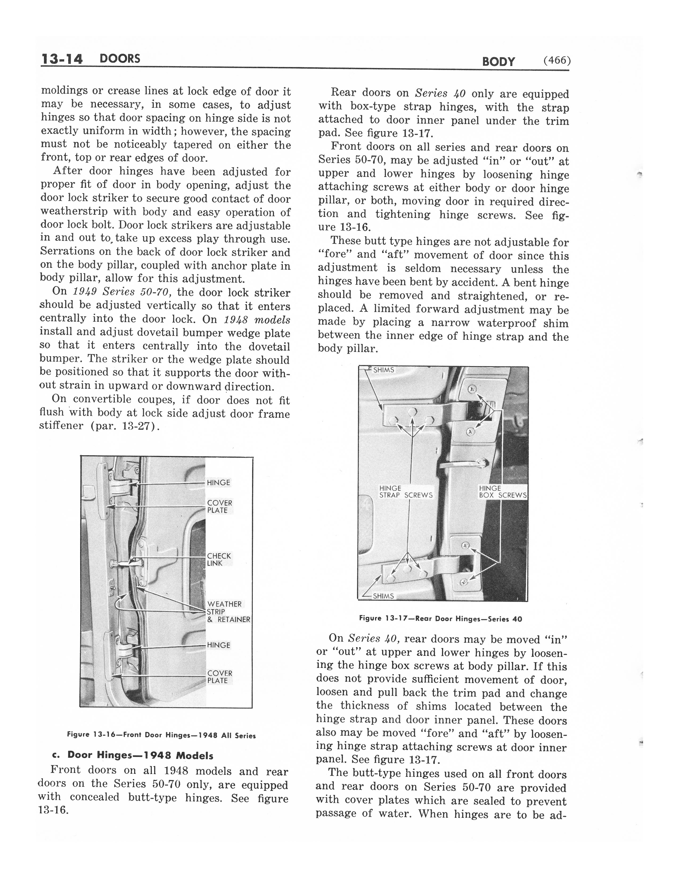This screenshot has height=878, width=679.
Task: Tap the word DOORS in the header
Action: click(120, 59)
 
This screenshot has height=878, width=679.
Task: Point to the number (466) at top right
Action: click(557, 60)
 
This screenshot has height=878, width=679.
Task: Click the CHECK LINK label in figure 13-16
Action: click(219, 559)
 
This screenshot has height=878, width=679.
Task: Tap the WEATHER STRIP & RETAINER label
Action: click(228, 611)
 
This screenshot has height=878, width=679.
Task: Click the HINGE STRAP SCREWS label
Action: click(406, 492)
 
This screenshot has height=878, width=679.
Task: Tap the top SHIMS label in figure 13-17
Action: click(383, 370)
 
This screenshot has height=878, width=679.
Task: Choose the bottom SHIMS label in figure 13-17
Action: click(383, 596)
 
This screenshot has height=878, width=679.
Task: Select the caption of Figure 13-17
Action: click(440, 619)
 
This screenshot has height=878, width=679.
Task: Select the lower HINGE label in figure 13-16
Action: click(218, 645)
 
